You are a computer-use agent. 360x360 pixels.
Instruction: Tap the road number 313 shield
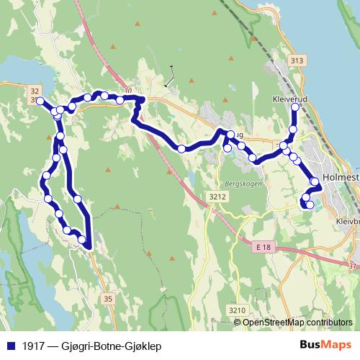pos(294,61)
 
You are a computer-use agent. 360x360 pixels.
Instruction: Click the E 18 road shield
pos(264,246)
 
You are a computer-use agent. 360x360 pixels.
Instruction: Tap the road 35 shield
pos(108,298)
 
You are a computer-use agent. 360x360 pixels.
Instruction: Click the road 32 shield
pos(35,90)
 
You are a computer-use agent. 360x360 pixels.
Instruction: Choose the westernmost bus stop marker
pos(41,101)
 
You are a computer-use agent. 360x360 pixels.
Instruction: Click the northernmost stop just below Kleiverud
pos(294,108)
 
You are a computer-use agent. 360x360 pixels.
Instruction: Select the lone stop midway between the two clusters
pos(182,149)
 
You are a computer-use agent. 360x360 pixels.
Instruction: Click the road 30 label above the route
pos(127,91)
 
